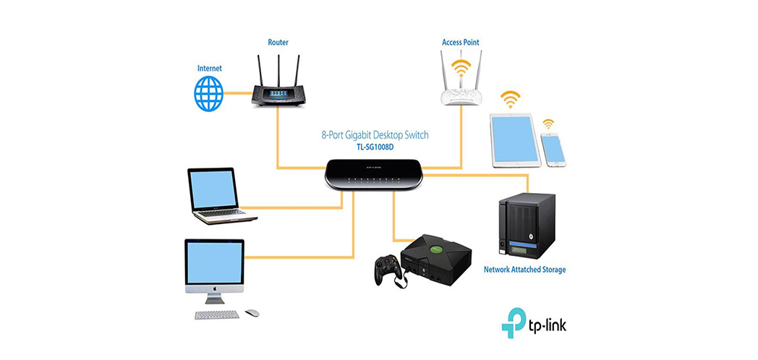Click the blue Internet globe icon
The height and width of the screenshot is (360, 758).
click(208, 93)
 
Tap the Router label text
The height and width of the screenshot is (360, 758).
click(278, 43)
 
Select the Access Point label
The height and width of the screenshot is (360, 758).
click(461, 43)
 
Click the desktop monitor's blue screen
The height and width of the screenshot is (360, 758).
click(214, 263)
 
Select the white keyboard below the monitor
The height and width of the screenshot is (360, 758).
click(217, 314)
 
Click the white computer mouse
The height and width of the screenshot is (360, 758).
click(252, 313)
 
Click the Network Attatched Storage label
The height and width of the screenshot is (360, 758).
click(524, 270)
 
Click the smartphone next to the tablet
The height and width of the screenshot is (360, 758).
click(553, 149)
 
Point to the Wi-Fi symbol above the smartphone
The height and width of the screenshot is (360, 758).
click(549, 124)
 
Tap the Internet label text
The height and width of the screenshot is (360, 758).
click(210, 69)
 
